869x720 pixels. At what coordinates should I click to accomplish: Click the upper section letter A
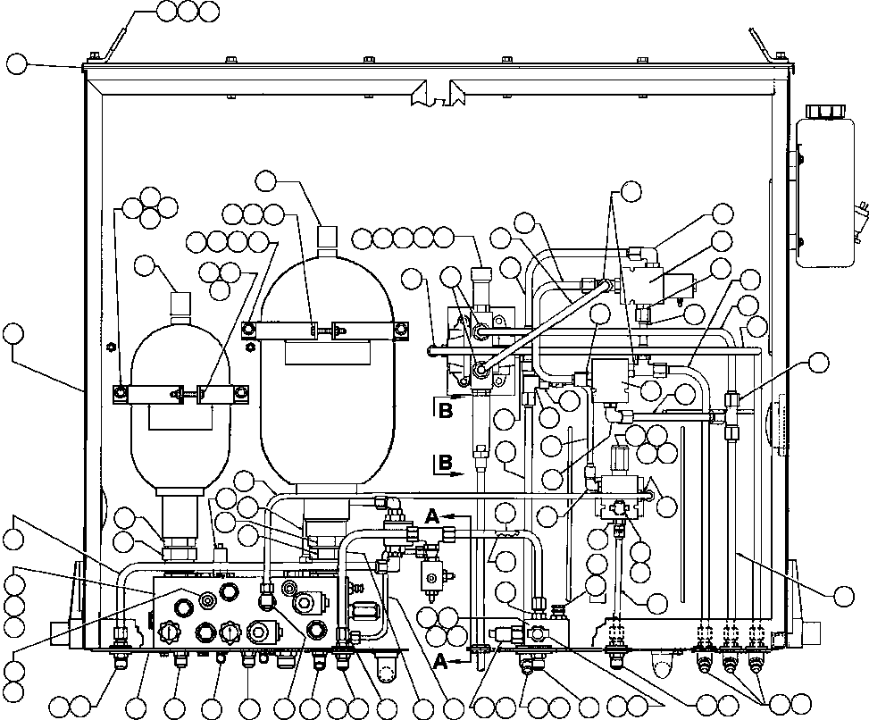tap(432, 515)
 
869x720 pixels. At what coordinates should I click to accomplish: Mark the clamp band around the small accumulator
tap(180, 393)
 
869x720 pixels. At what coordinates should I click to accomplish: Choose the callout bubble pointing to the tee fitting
tap(817, 363)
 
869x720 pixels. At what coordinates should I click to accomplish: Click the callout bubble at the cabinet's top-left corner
tap(17, 63)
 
